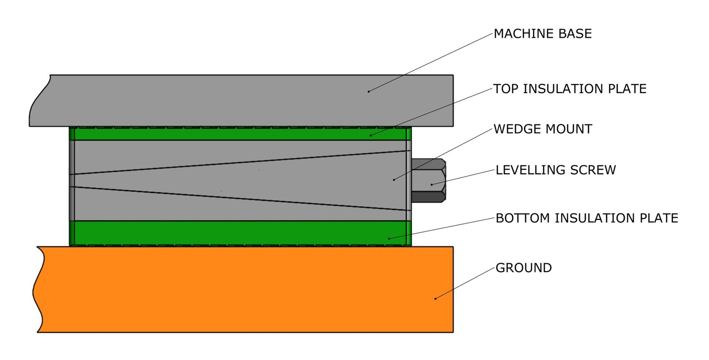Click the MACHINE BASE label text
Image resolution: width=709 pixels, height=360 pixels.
[x=542, y=34]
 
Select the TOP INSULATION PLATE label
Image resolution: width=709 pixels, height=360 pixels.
[x=569, y=89]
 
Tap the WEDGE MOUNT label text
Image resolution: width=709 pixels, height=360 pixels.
[x=542, y=129]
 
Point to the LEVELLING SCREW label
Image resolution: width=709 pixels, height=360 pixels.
[x=555, y=170]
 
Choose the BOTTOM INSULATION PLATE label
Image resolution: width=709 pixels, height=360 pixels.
[x=586, y=218]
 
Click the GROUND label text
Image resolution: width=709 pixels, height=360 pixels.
[x=523, y=268]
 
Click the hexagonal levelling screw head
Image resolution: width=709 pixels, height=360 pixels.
[x=428, y=181]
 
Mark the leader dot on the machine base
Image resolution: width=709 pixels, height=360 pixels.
[x=368, y=91]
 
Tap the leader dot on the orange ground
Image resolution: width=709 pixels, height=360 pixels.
[x=435, y=298]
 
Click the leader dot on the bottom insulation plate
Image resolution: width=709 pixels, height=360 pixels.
[x=389, y=239]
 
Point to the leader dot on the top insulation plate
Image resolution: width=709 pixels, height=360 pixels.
[x=371, y=135]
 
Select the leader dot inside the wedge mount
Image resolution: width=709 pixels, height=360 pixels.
[x=394, y=180]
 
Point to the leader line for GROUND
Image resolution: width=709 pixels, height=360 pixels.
[x=465, y=283]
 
